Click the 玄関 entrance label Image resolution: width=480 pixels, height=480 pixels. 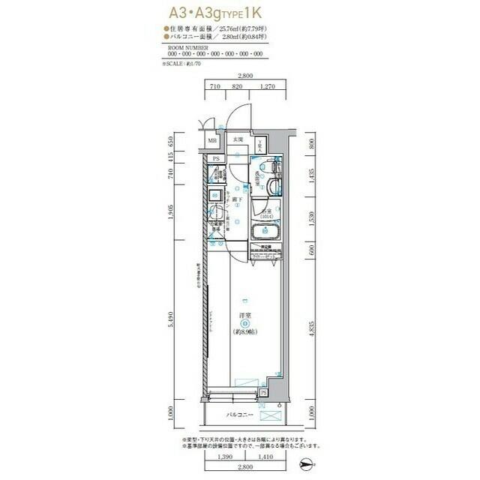pyautogui.click(x=238, y=140)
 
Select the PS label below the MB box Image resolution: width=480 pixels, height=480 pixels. pyautogui.click(x=216, y=158)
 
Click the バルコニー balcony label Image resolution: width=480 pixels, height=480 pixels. pyautogui.click(x=241, y=415)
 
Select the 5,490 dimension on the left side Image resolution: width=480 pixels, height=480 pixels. pyautogui.click(x=172, y=322)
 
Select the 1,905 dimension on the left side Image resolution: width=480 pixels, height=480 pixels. pyautogui.click(x=172, y=211)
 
